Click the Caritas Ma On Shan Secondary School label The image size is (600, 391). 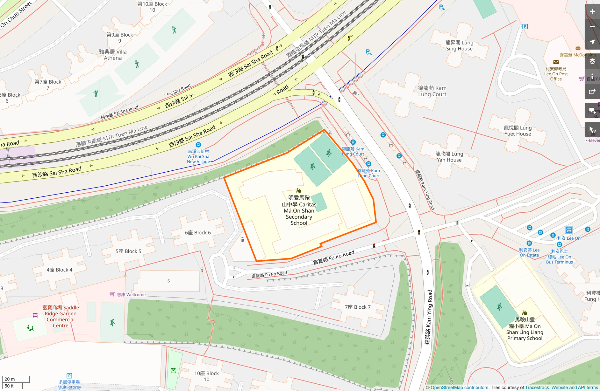pos(299,210)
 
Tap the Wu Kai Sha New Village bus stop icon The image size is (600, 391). pos(198,145)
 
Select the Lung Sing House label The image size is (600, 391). pos(459,45)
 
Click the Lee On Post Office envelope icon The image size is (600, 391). pos(556,62)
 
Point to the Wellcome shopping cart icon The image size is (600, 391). pos(112,294)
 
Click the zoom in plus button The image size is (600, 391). pos(592,11)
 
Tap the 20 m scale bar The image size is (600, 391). pos(16,379)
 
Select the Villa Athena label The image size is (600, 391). pos(113,55)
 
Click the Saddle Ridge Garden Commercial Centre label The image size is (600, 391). pos(61,316)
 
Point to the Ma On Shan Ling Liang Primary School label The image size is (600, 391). pos(525,329)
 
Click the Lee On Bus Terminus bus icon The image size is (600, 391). pos(568,230)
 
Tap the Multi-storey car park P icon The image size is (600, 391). pos(69,375)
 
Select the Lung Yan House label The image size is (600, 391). pos(449,157)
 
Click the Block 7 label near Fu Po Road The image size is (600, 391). pos(357,307)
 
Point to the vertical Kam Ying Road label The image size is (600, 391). pos(429,317)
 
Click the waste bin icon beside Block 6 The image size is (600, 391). pos(242,240)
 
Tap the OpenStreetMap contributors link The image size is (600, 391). pos(459,388)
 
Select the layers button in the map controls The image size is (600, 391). pos(592,61)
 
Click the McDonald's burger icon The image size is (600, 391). pos(578,48)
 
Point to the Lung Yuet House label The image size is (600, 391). pos(518,131)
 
